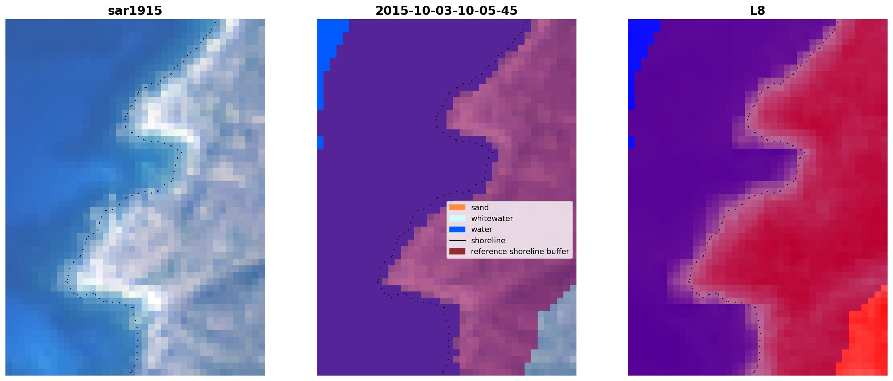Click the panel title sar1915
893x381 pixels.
pyautogui.click(x=135, y=11)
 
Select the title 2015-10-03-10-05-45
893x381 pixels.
pyautogui.click(x=447, y=11)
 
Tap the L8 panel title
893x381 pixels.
pyautogui.click(x=758, y=11)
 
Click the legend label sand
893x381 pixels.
pyautogui.click(x=480, y=208)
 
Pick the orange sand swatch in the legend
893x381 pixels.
pyautogui.click(x=457, y=208)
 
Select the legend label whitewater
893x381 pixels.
pyautogui.click(x=492, y=219)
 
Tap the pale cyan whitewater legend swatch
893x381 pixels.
pyautogui.click(x=457, y=219)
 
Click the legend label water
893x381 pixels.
pyautogui.click(x=482, y=229)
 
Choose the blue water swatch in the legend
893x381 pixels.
pyautogui.click(x=457, y=229)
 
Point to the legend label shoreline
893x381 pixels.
pyautogui.click(x=488, y=241)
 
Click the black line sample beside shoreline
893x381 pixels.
pyautogui.click(x=457, y=241)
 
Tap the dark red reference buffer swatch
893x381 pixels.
pyautogui.click(x=457, y=252)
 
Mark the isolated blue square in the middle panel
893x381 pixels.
pyautogui.click(x=320, y=142)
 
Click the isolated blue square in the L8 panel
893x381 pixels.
pyautogui.click(x=631, y=142)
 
